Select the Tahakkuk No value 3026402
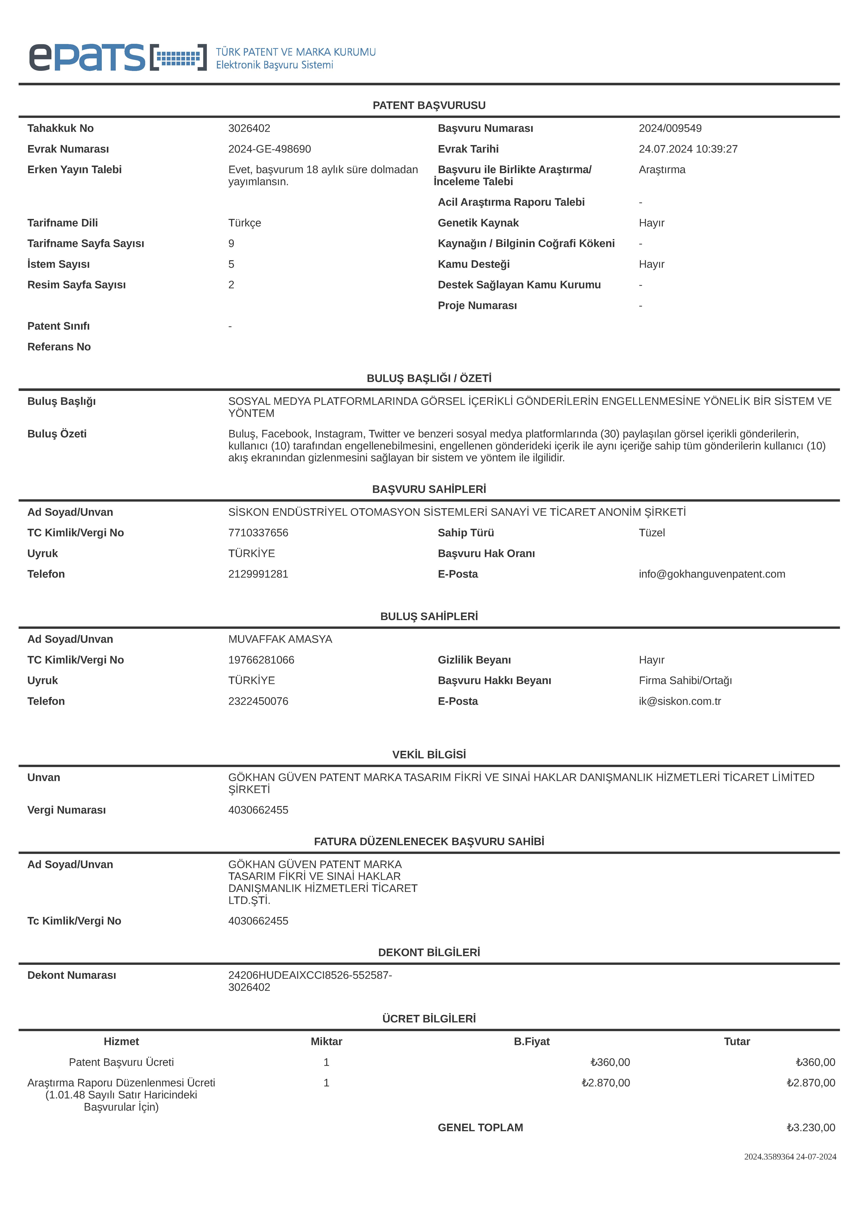click(x=249, y=128)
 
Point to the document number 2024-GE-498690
click(x=269, y=149)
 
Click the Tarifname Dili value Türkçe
click(x=244, y=223)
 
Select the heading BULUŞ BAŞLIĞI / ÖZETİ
click(x=429, y=378)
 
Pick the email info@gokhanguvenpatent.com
click(x=711, y=574)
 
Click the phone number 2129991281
click(x=258, y=574)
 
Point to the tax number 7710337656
click(x=258, y=532)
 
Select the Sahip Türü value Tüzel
click(x=651, y=532)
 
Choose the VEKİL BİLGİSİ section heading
click(x=429, y=754)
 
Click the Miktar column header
click(x=326, y=1041)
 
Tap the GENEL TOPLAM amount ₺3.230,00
click(x=811, y=1128)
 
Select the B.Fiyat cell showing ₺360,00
click(x=610, y=1062)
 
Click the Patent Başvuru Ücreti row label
click(x=121, y=1062)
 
